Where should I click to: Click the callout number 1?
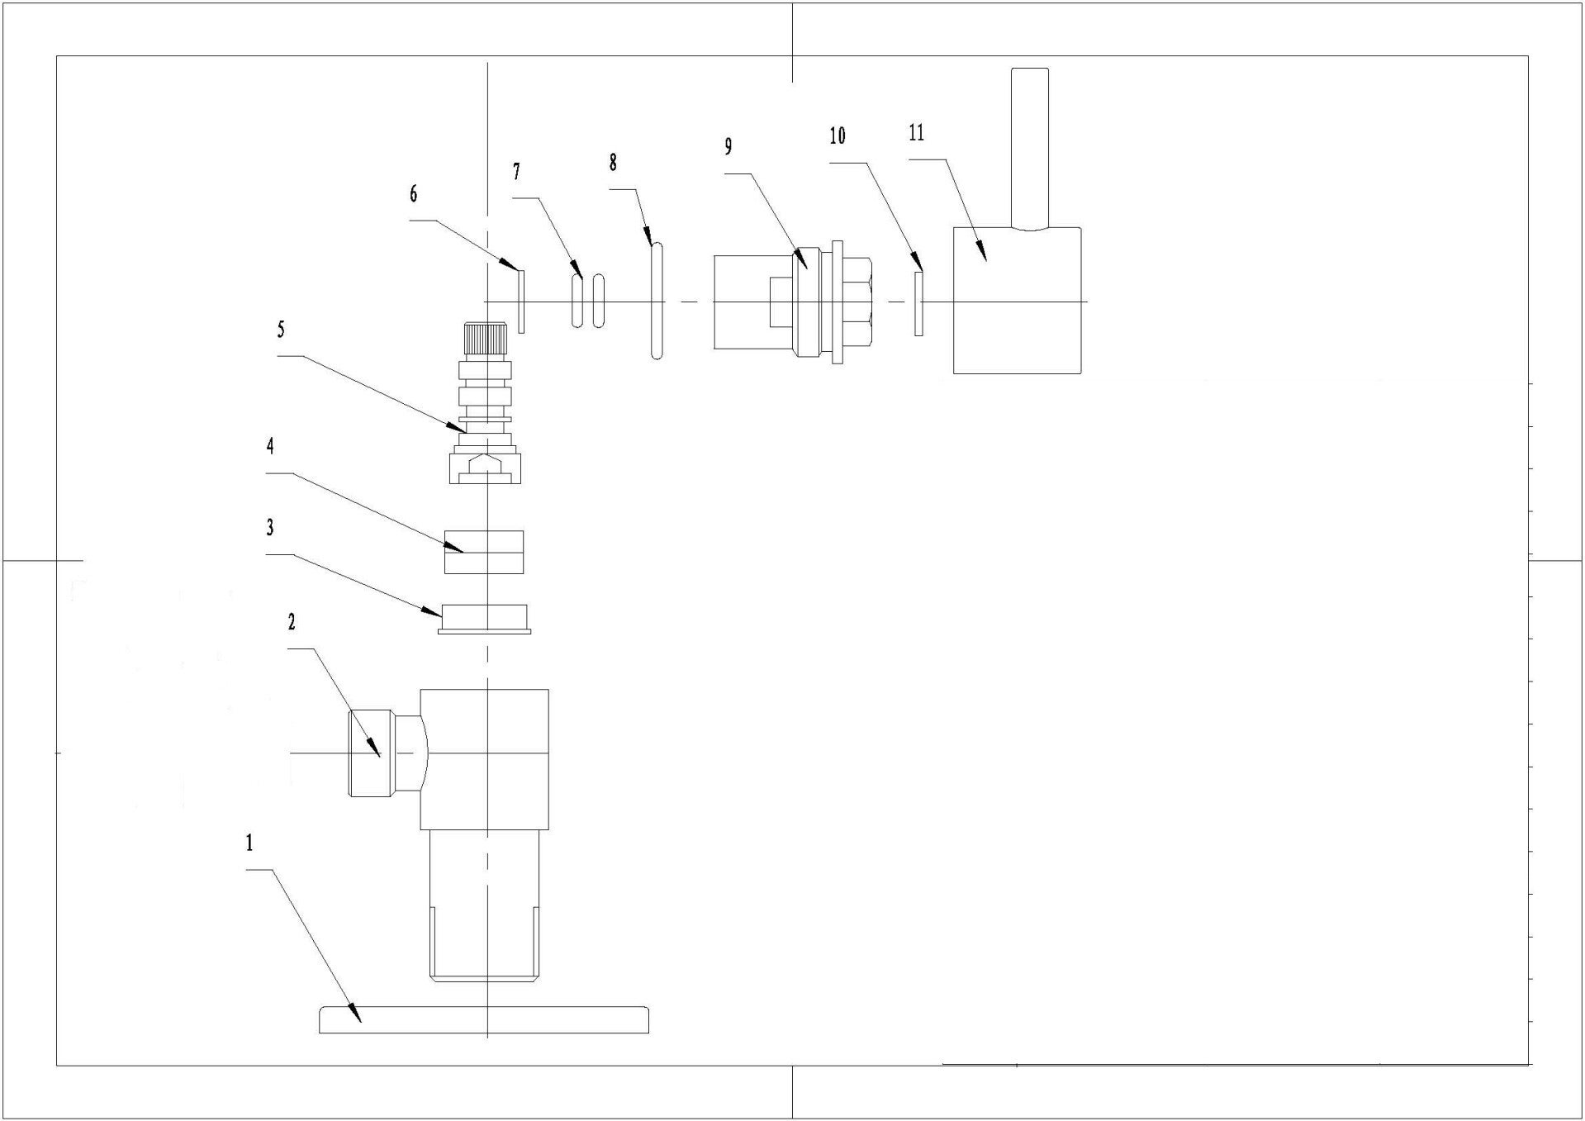pos(249,843)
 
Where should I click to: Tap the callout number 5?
pos(281,330)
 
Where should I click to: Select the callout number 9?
pos(728,146)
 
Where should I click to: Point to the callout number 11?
pos(916,133)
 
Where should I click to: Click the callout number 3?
pos(270,527)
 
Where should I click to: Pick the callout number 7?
pos(516,171)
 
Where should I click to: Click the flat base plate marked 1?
pos(483,1020)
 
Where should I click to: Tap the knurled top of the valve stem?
pos(485,337)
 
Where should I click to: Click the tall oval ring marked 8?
pos(656,302)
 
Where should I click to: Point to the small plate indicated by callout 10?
pos(918,303)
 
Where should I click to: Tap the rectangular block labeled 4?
pos(484,552)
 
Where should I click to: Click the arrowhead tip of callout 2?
pos(380,758)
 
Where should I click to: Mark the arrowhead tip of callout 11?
pos(985,260)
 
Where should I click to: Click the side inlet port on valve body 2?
pos(370,753)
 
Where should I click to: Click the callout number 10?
pos(838,136)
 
